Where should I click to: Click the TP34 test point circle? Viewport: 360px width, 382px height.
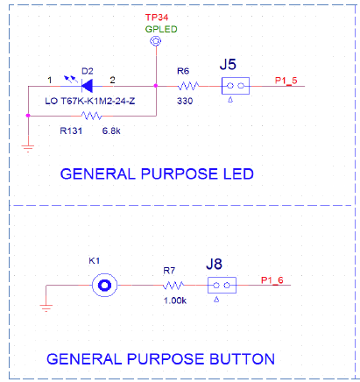(x=156, y=41)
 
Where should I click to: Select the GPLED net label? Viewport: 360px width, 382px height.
(x=161, y=29)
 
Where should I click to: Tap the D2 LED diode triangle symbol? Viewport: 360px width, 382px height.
(x=87, y=86)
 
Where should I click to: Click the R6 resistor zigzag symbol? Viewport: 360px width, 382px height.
(x=188, y=86)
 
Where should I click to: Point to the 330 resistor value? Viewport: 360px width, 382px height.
(x=185, y=101)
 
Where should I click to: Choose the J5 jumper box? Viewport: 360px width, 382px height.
(x=236, y=86)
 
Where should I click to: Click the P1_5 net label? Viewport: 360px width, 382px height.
(x=286, y=81)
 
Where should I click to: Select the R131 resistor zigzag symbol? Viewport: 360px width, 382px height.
(x=92, y=116)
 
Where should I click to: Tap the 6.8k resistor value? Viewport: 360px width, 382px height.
(x=111, y=131)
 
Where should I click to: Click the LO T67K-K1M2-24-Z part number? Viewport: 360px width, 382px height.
(x=90, y=101)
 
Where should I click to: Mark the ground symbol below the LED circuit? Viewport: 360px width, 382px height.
(x=28, y=148)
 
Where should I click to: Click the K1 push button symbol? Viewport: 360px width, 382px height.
(x=104, y=286)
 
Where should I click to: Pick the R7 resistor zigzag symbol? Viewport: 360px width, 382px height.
(x=173, y=286)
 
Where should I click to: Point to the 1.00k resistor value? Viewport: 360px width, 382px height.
(x=175, y=301)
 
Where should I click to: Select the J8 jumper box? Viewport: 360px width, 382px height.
(x=222, y=286)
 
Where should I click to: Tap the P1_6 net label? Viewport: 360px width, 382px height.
(x=272, y=280)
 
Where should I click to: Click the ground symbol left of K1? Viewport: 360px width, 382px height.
(x=46, y=308)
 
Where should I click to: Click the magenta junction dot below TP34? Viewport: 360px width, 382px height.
(x=156, y=86)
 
